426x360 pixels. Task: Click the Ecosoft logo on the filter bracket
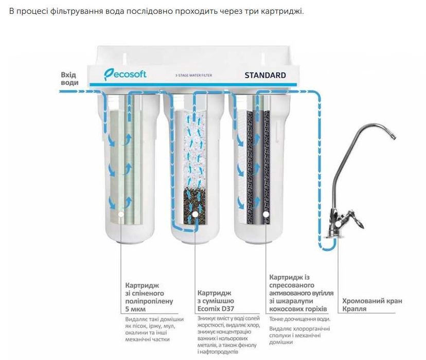(125, 74)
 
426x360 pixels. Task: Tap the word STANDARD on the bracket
(265, 75)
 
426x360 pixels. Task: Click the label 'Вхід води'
(69, 79)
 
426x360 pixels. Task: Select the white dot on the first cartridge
(120, 213)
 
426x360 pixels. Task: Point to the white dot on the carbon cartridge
(266, 213)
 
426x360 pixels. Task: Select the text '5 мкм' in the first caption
(136, 310)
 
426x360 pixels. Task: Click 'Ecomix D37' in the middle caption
(216, 309)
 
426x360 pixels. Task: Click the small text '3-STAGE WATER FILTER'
(193, 76)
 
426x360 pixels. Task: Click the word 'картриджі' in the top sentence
(286, 11)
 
